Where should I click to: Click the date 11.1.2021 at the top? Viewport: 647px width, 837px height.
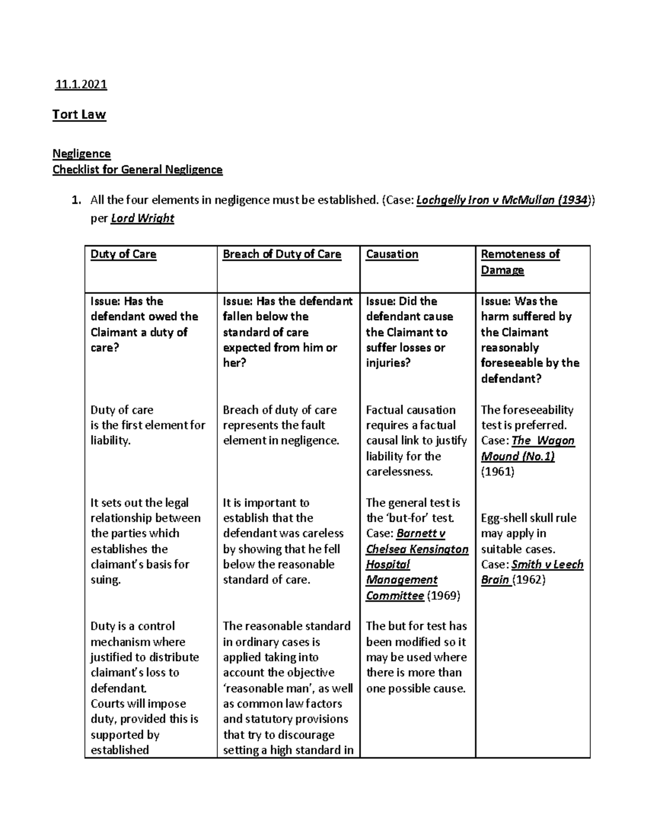click(x=81, y=84)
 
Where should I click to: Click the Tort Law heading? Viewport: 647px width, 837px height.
click(x=79, y=114)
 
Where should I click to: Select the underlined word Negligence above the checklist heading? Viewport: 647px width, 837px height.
click(x=81, y=154)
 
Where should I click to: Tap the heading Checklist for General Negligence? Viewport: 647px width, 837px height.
click(x=137, y=170)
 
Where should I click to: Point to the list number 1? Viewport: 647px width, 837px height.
click(x=77, y=200)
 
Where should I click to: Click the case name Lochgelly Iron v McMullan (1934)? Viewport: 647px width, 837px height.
click(x=502, y=200)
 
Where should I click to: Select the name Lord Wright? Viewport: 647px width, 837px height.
click(x=142, y=218)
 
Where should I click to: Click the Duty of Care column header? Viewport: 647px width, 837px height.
click(x=123, y=254)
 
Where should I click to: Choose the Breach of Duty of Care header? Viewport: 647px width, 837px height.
click(x=282, y=254)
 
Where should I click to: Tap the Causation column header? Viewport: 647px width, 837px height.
click(x=392, y=254)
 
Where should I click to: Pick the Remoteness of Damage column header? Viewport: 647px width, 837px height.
click(x=520, y=262)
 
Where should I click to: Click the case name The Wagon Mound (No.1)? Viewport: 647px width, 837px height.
click(x=527, y=448)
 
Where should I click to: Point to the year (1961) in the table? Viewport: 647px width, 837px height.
click(x=497, y=472)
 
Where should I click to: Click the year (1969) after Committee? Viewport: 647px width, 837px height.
click(x=443, y=596)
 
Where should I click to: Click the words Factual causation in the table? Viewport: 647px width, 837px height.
click(x=411, y=410)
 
